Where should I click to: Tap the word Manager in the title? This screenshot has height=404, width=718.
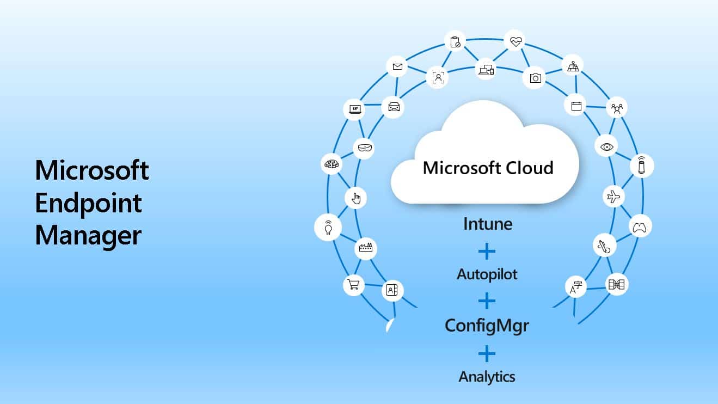click(88, 236)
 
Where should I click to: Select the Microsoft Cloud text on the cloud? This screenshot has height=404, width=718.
click(488, 168)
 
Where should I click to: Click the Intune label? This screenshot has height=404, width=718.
click(488, 224)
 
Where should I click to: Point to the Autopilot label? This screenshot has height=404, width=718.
click(487, 274)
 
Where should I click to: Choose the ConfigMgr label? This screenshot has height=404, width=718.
click(487, 326)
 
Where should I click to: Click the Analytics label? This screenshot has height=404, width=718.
click(487, 377)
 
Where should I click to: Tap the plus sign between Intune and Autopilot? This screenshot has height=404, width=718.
click(487, 251)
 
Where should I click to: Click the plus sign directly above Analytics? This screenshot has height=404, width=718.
click(487, 353)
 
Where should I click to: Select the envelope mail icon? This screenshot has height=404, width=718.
click(397, 66)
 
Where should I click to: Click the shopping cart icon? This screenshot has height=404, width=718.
click(353, 284)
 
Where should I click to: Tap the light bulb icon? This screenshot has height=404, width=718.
click(328, 228)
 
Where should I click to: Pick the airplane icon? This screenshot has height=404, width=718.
click(613, 197)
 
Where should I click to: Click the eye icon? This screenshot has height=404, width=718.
click(606, 147)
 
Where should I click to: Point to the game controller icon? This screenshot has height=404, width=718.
click(640, 228)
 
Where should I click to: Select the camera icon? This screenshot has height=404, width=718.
click(535, 78)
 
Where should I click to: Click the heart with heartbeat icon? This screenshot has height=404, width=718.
click(516, 41)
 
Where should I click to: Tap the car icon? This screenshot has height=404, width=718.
click(394, 107)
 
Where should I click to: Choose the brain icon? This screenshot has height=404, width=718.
click(332, 164)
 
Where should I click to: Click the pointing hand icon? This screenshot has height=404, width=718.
click(356, 198)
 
